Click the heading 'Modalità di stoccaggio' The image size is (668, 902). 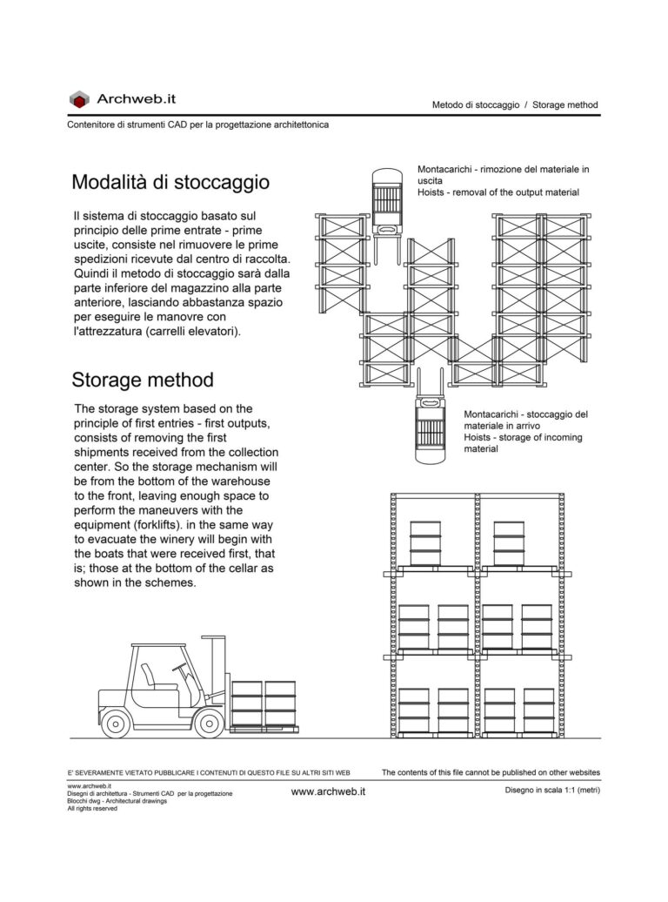tap(170, 183)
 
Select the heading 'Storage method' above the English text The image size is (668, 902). tap(143, 380)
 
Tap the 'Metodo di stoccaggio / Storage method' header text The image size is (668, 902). tap(515, 104)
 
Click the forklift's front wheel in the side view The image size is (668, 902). tap(209, 723)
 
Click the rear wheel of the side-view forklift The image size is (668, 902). tap(116, 723)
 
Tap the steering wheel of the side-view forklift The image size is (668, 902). tap(179, 669)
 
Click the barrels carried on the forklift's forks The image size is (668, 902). tap(264, 703)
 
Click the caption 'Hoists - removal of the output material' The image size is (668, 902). tap(498, 192)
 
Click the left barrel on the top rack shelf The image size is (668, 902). tap(425, 543)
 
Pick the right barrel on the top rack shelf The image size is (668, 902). tap(508, 543)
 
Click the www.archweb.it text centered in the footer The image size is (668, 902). tap(328, 791)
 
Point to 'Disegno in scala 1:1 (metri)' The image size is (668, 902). tap(551, 790)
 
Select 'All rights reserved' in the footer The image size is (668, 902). tap(92, 809)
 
